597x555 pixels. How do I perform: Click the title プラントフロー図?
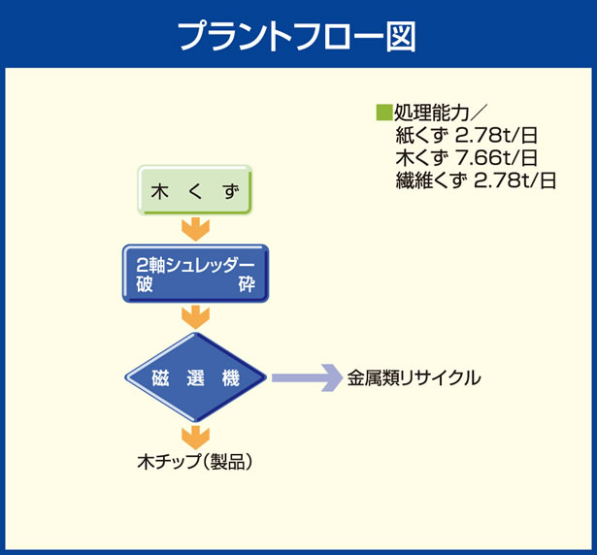[298, 35]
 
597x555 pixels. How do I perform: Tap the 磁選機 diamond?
[196, 376]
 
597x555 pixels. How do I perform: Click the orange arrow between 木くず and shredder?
[196, 229]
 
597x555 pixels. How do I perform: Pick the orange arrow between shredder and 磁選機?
[196, 316]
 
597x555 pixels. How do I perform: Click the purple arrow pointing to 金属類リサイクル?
[302, 376]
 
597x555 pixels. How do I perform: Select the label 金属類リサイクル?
[414, 377]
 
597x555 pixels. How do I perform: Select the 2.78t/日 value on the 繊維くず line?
[514, 180]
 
